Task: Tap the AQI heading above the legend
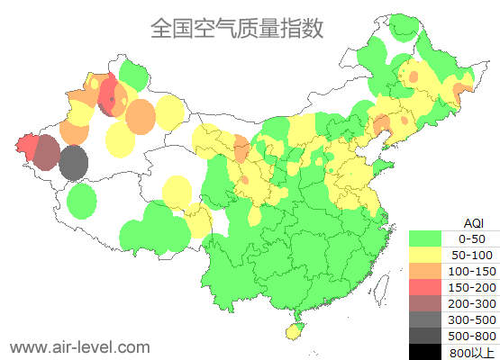tap(473, 222)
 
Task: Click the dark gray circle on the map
tap(74, 164)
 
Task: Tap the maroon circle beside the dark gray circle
tap(47, 154)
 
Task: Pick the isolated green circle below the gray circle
tap(82, 201)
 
